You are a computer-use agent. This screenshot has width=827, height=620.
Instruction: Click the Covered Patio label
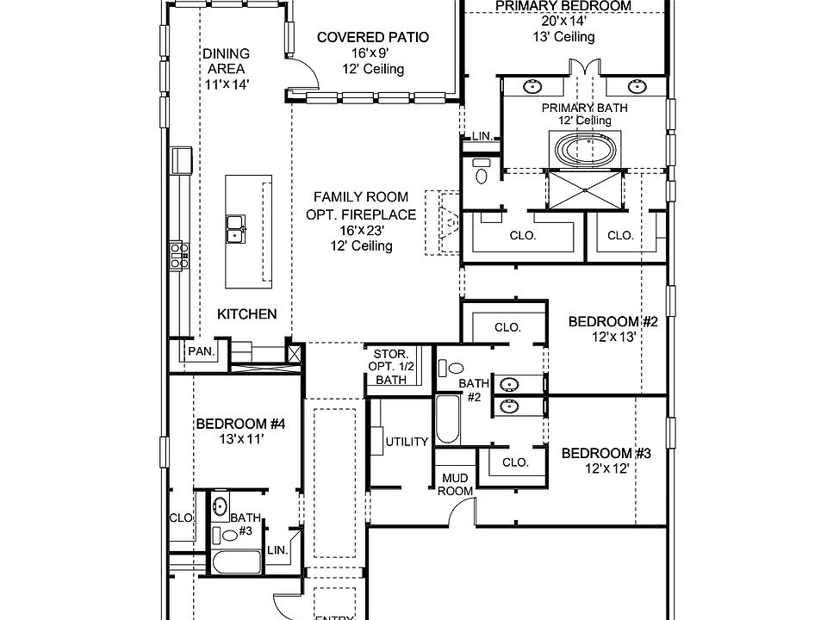click(373, 37)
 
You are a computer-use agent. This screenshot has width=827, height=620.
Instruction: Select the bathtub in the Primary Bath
click(585, 152)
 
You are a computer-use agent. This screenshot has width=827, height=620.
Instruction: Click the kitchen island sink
click(234, 227)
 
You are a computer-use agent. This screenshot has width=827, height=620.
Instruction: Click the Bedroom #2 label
click(613, 322)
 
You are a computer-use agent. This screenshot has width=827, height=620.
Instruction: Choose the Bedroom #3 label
click(606, 454)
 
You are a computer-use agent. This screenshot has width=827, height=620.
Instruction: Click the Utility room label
click(407, 442)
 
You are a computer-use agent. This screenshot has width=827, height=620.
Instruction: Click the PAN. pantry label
click(202, 352)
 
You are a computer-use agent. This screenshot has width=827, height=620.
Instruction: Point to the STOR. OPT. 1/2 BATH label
click(390, 366)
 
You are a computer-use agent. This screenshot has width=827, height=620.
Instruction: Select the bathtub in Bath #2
click(447, 421)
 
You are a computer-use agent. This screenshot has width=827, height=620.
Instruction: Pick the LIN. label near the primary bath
click(481, 136)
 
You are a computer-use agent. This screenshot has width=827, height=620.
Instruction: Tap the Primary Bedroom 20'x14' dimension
click(563, 22)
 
